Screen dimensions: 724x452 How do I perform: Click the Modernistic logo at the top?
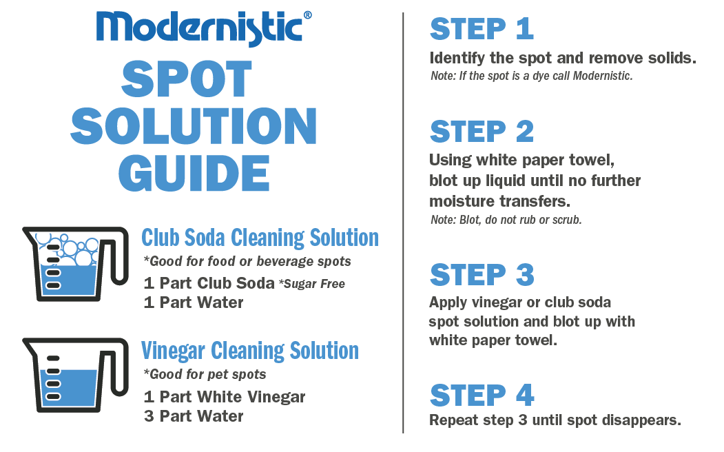(x=204, y=28)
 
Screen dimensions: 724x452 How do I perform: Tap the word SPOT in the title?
(x=187, y=79)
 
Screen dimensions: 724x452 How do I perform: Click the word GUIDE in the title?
(x=194, y=173)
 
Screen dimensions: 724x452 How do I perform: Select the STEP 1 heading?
(x=482, y=29)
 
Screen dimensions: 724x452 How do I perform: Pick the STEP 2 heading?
(x=482, y=132)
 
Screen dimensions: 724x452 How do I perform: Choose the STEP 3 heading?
(x=482, y=275)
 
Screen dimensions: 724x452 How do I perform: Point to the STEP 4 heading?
(x=482, y=395)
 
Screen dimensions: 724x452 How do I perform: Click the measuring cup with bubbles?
(x=75, y=264)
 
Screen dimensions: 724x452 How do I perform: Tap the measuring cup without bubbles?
(x=75, y=375)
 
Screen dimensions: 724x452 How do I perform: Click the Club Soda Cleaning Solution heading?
(x=260, y=238)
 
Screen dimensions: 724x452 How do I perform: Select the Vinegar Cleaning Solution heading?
(x=250, y=351)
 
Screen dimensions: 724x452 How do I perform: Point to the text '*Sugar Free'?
(x=311, y=284)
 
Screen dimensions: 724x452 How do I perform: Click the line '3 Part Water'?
(x=194, y=416)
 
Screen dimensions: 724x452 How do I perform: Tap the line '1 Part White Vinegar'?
(x=225, y=397)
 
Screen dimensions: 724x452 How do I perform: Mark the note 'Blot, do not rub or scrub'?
(x=506, y=220)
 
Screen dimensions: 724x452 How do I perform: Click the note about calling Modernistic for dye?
(x=531, y=76)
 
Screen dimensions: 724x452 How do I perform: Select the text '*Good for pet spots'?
(x=205, y=374)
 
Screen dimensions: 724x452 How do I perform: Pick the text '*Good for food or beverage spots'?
(x=247, y=261)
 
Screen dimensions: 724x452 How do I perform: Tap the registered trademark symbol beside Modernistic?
(x=307, y=15)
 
